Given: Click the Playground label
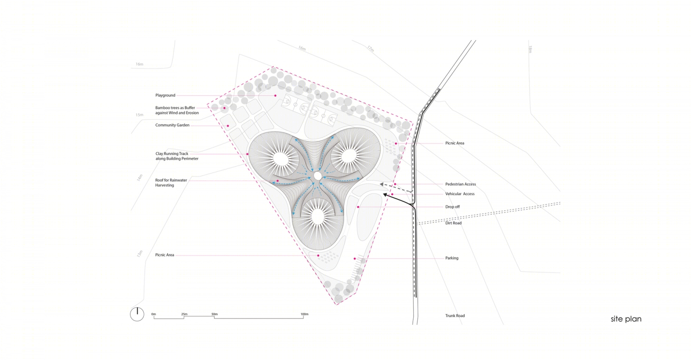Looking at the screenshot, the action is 165,96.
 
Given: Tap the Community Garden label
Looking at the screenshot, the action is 172,125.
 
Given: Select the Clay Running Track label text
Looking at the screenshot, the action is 177,156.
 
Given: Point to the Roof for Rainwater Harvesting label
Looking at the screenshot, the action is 171,182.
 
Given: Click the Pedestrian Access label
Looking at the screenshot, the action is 460,184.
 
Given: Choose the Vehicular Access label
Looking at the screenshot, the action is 460,194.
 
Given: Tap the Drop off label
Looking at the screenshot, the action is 452,207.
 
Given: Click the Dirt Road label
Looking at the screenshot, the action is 453,223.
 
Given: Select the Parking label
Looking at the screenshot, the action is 451,258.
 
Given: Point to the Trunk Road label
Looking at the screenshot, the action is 455,316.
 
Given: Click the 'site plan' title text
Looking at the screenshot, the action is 626,319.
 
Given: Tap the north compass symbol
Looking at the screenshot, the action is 137,314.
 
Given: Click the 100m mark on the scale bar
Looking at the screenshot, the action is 304,314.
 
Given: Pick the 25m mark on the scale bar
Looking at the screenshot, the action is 184,314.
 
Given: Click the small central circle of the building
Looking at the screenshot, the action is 317,176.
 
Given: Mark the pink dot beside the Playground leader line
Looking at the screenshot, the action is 275,96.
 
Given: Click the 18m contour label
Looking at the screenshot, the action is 530,49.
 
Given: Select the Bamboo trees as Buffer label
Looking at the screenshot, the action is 177,110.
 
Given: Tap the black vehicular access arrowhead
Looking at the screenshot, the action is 385,194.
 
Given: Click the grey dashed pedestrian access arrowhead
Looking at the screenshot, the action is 381,184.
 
